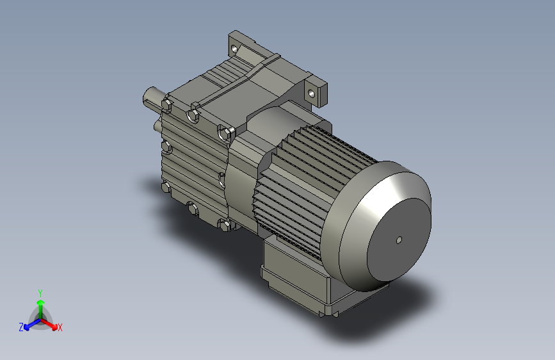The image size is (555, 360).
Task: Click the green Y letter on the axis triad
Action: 40,292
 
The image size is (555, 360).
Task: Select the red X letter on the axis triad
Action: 60,328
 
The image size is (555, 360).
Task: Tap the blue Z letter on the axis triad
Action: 21,327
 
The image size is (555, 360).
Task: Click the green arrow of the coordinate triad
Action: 40,304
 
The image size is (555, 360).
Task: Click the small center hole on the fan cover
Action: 398,240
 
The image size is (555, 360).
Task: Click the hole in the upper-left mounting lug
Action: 235,47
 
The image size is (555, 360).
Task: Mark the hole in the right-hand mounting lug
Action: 312,93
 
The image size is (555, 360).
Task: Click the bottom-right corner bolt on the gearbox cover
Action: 225,225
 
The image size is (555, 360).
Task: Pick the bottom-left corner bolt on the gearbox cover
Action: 166,188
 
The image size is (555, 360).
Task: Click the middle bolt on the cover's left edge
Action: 166,148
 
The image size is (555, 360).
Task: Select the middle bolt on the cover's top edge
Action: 193,115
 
